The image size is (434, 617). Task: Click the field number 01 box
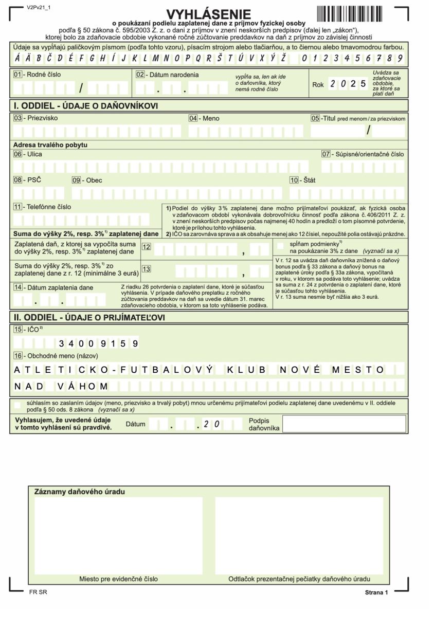[x=18, y=75]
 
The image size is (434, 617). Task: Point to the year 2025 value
[x=348, y=84]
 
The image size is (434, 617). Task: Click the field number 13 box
[x=147, y=269]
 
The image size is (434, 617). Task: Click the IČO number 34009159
[x=99, y=343]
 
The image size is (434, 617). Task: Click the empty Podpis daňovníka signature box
[x=345, y=424]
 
